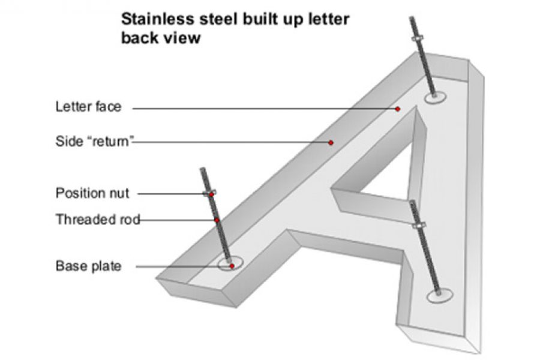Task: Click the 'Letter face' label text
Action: pyautogui.click(x=88, y=107)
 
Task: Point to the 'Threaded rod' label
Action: pyautogui.click(x=96, y=220)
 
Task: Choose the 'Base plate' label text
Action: pyautogui.click(x=88, y=266)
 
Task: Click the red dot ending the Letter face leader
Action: pyautogui.click(x=397, y=109)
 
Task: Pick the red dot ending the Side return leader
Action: pyautogui.click(x=331, y=143)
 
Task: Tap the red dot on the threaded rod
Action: pyautogui.click(x=217, y=220)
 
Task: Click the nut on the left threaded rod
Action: pyautogui.click(x=210, y=194)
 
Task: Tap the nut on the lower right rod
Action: pyautogui.click(x=418, y=225)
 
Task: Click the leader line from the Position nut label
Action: pyautogui.click(x=171, y=194)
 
